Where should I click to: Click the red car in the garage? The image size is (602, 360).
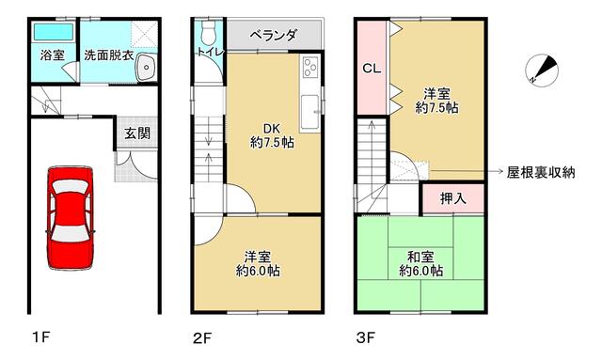[71, 218]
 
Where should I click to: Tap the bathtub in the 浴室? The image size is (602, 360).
[54, 32]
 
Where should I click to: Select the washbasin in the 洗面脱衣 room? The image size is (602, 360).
[146, 67]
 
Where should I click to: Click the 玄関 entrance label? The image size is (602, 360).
[137, 133]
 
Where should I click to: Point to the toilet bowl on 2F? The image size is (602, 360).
[209, 32]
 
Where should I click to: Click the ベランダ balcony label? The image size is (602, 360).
[273, 36]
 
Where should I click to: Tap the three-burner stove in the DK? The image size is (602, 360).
[310, 66]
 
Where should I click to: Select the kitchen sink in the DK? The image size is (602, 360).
[309, 113]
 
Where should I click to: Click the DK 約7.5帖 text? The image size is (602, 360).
[272, 135]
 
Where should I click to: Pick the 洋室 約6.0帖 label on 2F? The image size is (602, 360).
[258, 264]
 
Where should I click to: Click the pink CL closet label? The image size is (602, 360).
[372, 69]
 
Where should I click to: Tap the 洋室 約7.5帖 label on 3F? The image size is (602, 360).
[436, 101]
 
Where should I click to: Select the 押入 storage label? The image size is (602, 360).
[453, 198]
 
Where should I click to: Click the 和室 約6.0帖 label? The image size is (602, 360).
[420, 264]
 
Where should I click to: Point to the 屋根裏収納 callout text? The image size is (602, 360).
[541, 172]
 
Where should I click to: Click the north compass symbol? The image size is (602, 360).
[542, 70]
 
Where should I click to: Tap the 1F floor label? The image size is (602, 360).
[41, 337]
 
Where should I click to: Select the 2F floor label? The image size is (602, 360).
[202, 338]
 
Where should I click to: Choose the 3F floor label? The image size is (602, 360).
[366, 338]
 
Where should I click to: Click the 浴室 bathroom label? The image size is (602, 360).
[53, 55]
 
